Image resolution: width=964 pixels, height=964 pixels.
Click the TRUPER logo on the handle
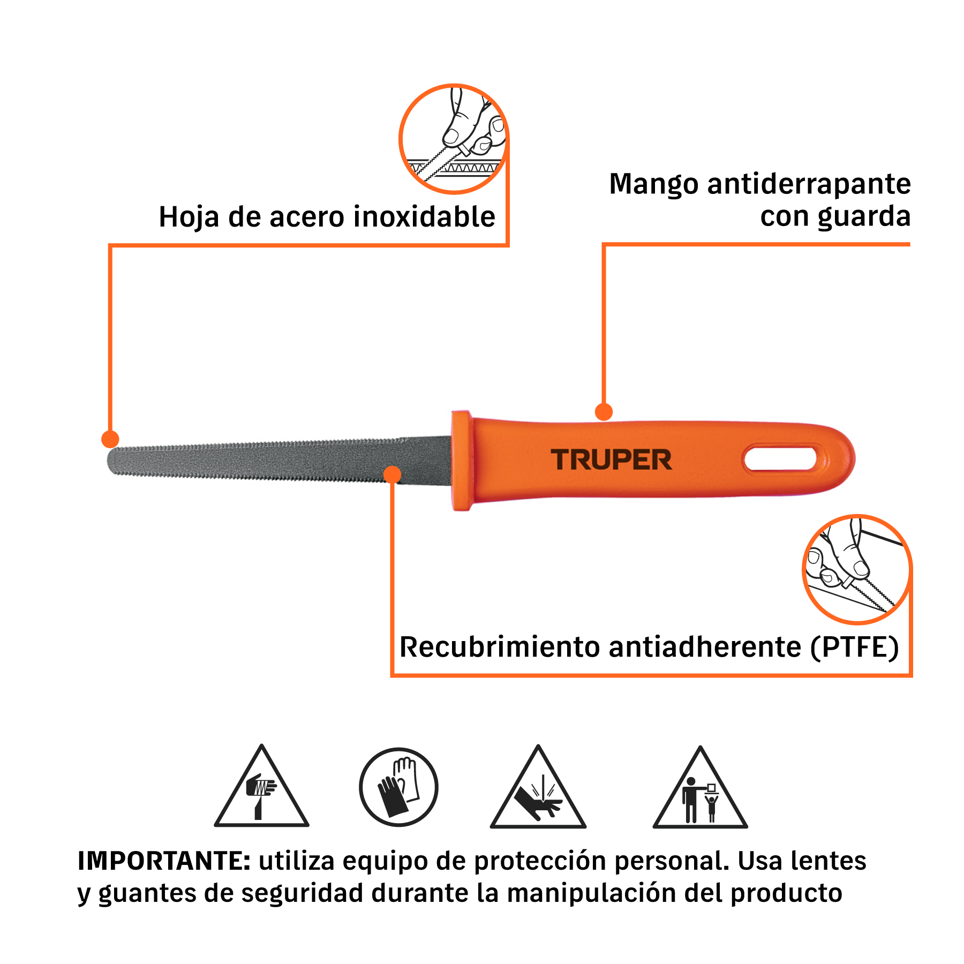click(x=611, y=460)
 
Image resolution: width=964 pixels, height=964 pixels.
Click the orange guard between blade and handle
click(x=462, y=461)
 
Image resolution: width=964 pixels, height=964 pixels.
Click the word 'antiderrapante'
click(x=809, y=185)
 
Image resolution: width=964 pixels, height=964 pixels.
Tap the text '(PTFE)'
click(x=854, y=647)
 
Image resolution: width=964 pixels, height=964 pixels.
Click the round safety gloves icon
click(x=398, y=787)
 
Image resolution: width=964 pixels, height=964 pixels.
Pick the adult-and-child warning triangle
click(x=700, y=788)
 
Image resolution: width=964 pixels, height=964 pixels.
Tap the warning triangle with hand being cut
click(x=538, y=788)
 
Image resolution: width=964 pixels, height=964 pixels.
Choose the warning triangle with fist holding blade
click(x=262, y=787)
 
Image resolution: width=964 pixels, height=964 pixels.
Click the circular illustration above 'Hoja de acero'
click(x=454, y=139)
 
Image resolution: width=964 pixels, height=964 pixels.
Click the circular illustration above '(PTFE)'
click(x=857, y=569)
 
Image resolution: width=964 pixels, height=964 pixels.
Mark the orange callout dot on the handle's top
click(x=604, y=412)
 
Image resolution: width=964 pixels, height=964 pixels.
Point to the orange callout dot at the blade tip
click(x=110, y=439)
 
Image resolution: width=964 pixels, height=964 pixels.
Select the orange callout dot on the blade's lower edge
click(x=393, y=475)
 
